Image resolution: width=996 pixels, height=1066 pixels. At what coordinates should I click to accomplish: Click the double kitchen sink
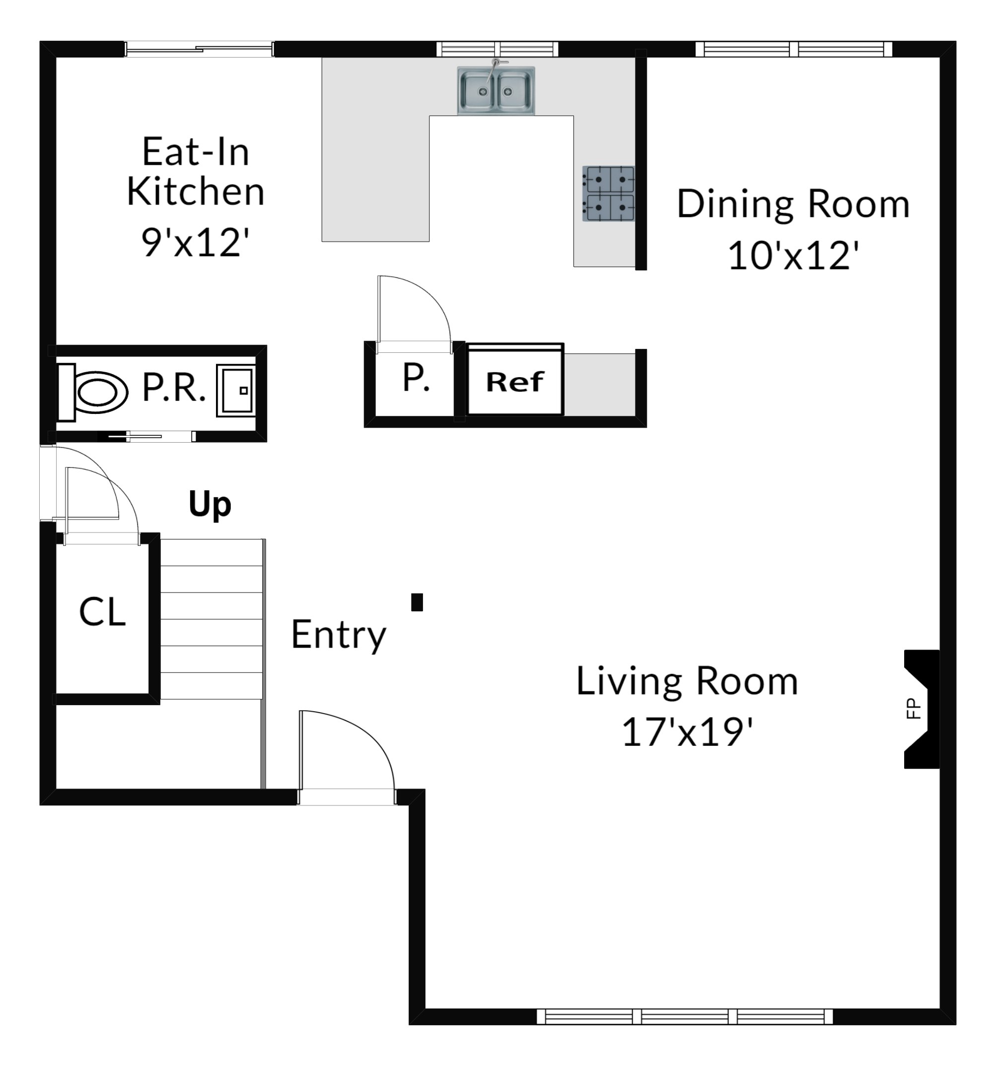496,90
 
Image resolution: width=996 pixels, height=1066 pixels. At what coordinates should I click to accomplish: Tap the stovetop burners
608,194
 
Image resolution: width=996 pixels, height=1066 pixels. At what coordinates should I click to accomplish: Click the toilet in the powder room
92,392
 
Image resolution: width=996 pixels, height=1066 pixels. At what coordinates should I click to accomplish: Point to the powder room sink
235,391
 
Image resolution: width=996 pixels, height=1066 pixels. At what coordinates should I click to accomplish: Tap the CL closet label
102,612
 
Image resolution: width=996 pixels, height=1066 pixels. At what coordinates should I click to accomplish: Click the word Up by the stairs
210,505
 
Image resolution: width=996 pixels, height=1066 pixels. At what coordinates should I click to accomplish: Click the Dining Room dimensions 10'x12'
793,255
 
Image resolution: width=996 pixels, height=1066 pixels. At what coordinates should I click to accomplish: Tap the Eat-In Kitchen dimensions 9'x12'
196,242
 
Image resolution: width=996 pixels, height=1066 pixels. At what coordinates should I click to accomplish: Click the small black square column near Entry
417,602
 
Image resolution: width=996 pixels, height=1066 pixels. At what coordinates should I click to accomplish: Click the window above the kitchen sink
497,49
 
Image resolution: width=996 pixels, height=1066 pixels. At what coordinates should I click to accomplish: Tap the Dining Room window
794,49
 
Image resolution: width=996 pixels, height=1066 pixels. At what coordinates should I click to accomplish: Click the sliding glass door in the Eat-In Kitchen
200,49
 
